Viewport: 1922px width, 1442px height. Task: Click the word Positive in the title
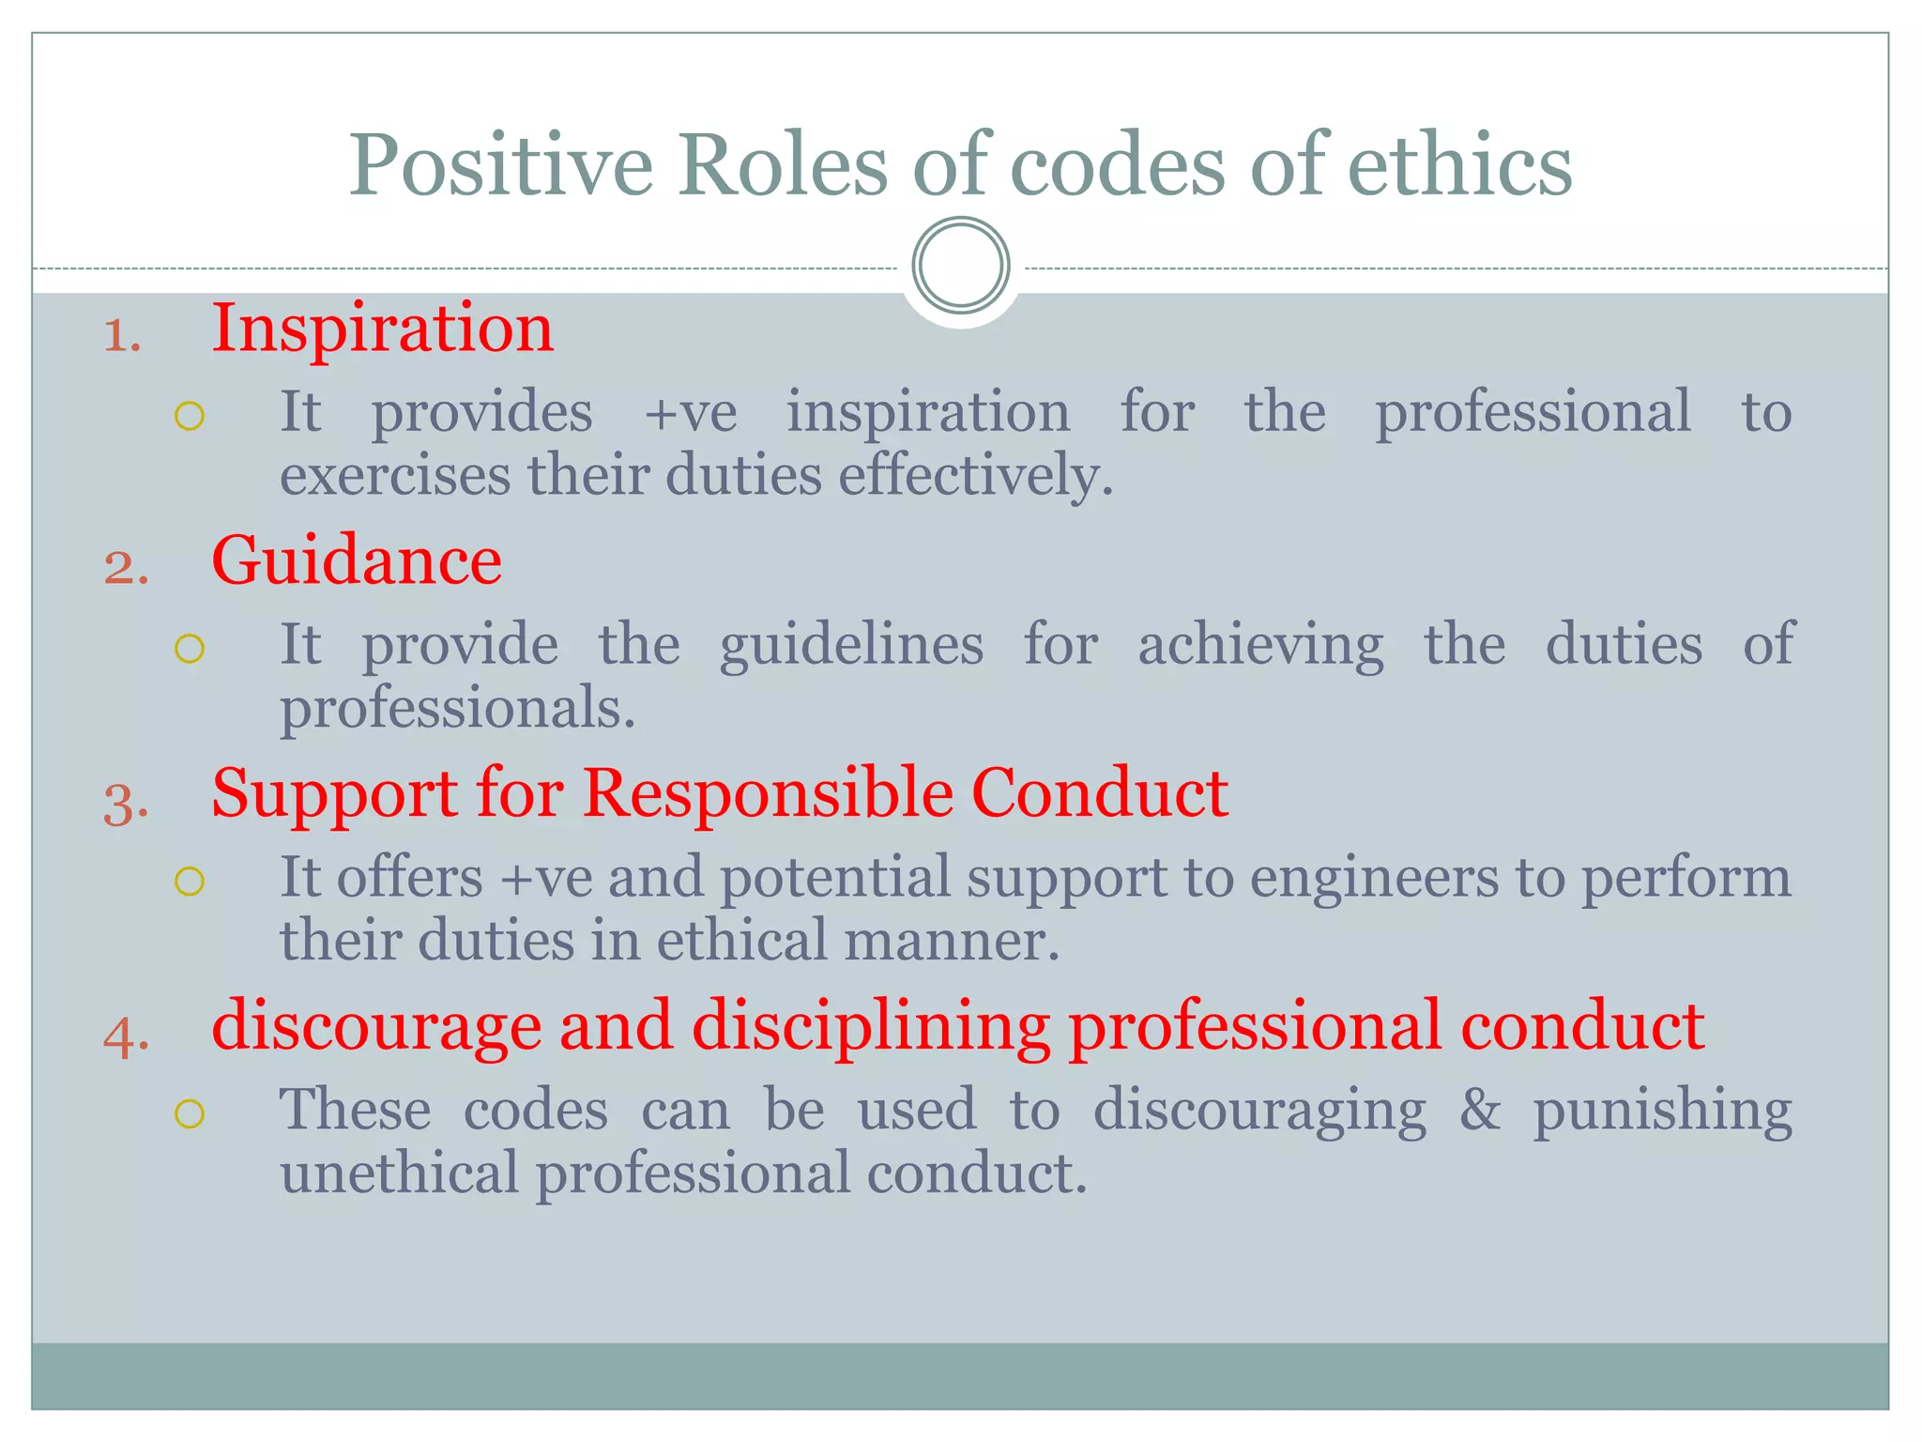click(500, 166)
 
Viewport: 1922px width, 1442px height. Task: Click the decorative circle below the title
click(960, 266)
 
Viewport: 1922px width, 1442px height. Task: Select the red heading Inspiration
click(382, 330)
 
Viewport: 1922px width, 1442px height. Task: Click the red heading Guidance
click(357, 560)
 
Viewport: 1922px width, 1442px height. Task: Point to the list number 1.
click(122, 336)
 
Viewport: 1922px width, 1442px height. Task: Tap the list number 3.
click(126, 804)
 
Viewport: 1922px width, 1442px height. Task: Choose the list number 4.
click(126, 1036)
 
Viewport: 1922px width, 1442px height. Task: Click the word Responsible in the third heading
click(767, 793)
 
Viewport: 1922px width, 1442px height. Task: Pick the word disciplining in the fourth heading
click(871, 1026)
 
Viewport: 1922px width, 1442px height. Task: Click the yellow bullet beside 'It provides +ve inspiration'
click(190, 416)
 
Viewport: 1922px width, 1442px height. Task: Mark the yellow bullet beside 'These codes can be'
click(190, 1113)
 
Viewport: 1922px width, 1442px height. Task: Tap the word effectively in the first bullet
click(976, 475)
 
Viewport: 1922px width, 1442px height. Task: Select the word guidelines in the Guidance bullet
click(851, 646)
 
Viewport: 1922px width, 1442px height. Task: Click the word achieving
click(1260, 646)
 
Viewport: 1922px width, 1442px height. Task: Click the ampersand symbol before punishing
click(1479, 1110)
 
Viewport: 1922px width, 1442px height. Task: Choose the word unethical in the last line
click(399, 1174)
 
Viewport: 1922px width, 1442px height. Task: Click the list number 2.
click(126, 569)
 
